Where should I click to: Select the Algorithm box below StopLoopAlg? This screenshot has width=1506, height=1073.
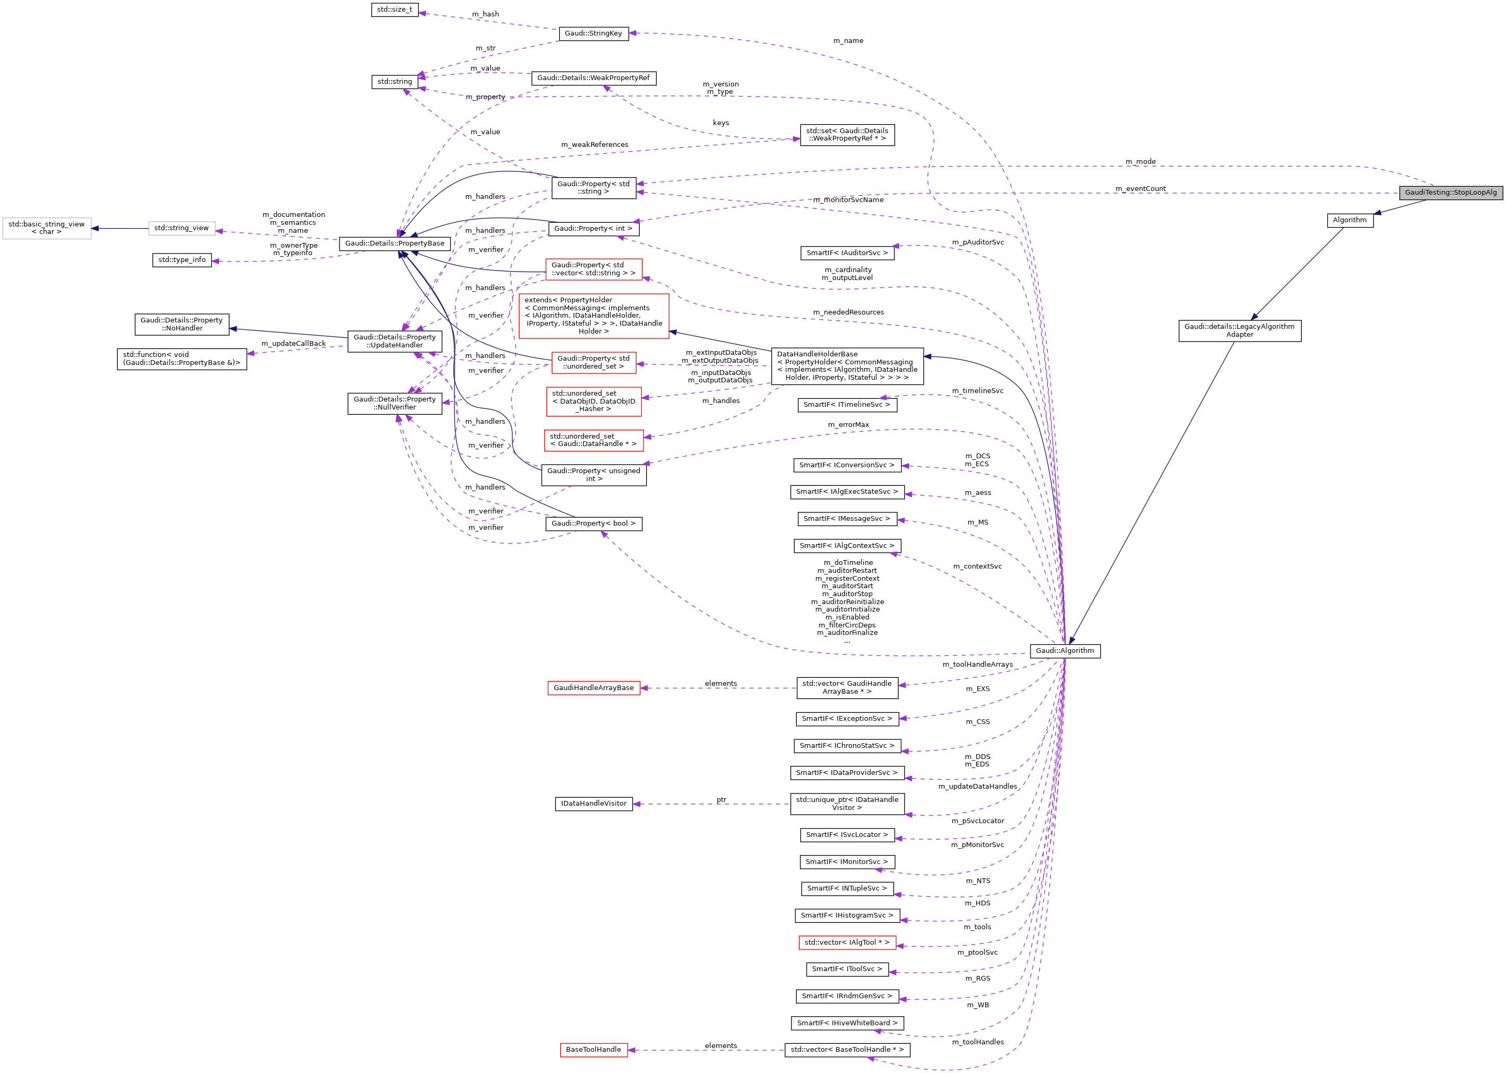1350,220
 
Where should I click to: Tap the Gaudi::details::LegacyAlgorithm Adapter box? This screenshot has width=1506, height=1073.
1239,330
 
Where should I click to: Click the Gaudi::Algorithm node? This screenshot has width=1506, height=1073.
1065,651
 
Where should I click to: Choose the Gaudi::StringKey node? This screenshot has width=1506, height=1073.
593,33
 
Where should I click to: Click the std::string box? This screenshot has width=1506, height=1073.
395,82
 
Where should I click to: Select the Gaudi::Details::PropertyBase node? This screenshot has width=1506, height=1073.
395,244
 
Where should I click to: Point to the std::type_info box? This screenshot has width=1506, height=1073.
182,260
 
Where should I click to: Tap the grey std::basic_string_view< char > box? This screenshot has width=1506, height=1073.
46,228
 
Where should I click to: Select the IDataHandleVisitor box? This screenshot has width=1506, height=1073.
594,804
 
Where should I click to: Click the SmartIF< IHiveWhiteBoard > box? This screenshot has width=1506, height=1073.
847,1023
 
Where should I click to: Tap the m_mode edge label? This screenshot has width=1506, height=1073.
1140,162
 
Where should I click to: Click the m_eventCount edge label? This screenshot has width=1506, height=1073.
1140,189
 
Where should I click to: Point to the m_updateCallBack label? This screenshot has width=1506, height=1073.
293,344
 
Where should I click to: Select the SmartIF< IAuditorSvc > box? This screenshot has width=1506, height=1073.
847,253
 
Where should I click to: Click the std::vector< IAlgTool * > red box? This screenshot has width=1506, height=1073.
847,942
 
